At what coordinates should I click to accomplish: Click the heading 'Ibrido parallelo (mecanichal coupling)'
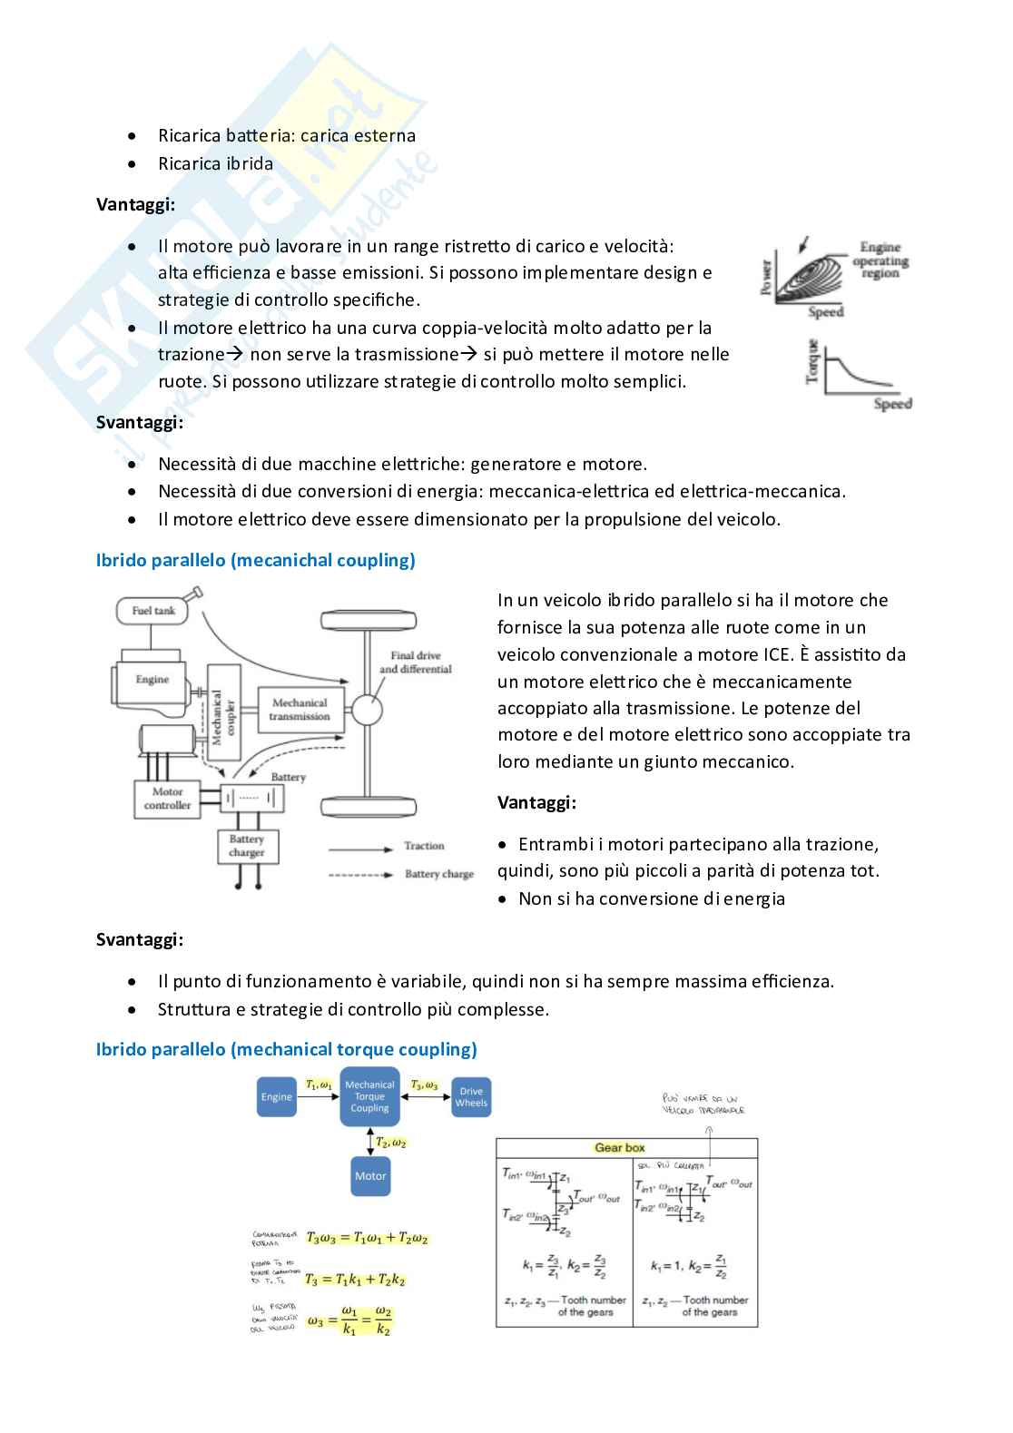coord(255,560)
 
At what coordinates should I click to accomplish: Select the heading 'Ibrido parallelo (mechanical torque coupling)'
coord(286,1049)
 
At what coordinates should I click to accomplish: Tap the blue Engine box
coord(277,1096)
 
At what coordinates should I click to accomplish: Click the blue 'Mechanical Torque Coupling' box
coord(369,1096)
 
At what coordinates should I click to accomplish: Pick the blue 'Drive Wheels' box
coord(471,1097)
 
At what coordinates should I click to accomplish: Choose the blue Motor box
coord(370,1176)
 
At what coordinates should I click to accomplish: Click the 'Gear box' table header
coord(620,1148)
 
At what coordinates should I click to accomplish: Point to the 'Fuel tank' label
coord(153,611)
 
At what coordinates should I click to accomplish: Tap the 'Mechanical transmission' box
coord(300,710)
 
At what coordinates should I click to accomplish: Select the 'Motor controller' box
coord(167,799)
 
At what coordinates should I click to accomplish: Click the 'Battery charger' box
coord(247,846)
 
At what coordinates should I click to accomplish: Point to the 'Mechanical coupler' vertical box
coord(223,711)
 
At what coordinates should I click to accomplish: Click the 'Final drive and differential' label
coord(415,663)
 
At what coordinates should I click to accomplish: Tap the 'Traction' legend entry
coord(424,846)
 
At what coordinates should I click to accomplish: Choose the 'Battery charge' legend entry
coord(439,874)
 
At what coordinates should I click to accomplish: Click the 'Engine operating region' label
coord(880,260)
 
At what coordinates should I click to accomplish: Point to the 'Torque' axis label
coord(813,362)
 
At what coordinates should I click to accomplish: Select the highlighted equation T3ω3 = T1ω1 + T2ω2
coord(367,1238)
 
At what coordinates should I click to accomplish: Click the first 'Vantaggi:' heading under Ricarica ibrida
coord(136,204)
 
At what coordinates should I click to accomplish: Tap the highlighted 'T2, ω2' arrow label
coord(391,1143)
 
